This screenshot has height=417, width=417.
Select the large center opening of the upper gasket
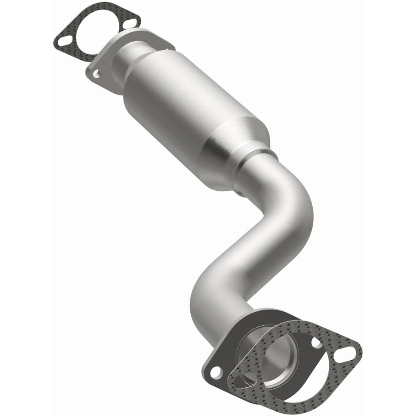tap(99, 32)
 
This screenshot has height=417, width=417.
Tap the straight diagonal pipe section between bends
tap(245, 245)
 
